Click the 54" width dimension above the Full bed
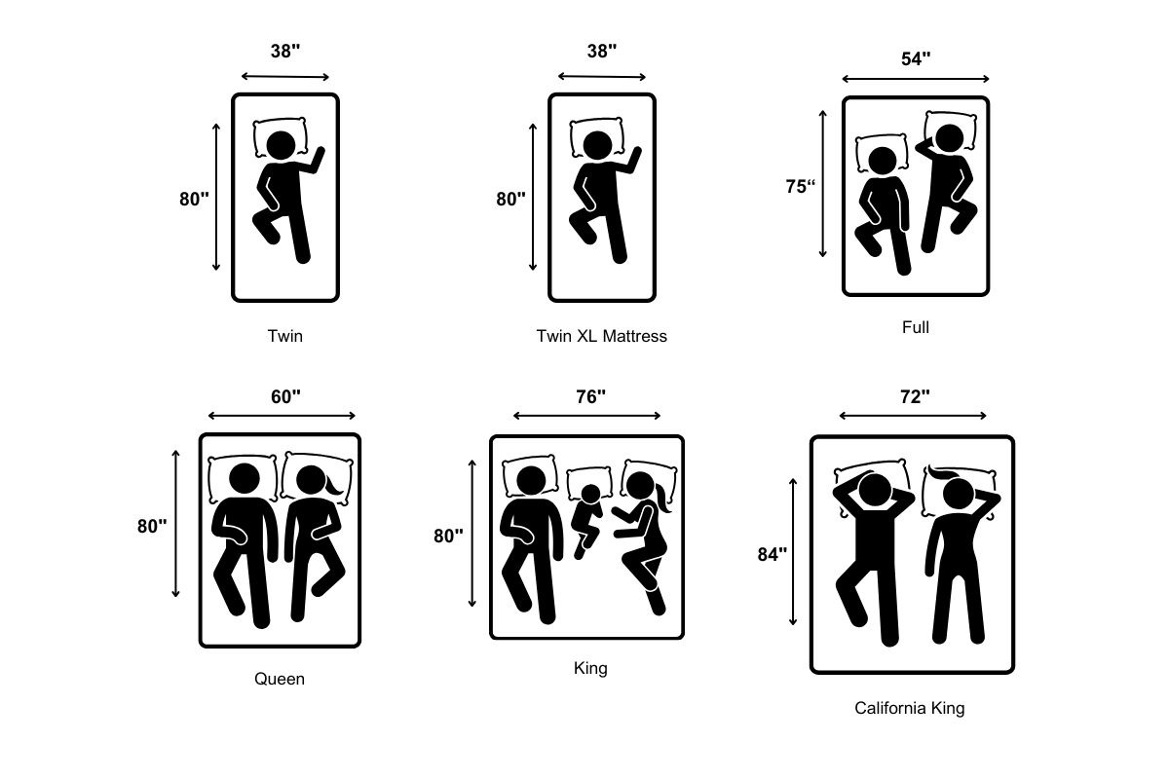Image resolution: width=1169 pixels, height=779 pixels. [x=916, y=58]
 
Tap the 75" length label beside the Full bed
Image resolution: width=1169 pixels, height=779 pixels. [x=800, y=186]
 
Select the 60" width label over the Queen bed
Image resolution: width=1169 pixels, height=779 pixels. [x=285, y=396]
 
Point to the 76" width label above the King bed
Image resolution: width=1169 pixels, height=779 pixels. [x=590, y=396]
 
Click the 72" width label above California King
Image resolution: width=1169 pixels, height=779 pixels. [x=915, y=396]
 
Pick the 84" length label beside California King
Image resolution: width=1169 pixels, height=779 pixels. [x=772, y=554]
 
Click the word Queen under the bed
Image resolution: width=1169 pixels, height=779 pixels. [x=280, y=679]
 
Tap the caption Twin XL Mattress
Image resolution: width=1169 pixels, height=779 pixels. [x=602, y=336]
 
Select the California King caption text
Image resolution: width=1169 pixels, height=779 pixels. [x=910, y=708]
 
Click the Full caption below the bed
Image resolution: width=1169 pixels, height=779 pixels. [x=916, y=327]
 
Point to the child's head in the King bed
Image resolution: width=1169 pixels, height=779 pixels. [x=590, y=494]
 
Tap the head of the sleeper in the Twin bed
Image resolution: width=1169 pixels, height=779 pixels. [x=281, y=145]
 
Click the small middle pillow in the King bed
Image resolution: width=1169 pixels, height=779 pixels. [x=589, y=482]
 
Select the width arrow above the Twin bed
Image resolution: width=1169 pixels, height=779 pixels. [x=284, y=77]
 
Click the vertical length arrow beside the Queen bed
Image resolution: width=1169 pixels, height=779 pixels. [x=176, y=524]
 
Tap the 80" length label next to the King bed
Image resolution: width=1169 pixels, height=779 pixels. [x=448, y=536]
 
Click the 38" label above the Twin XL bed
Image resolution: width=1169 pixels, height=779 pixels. [x=602, y=51]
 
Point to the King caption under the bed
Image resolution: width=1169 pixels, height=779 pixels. [x=590, y=668]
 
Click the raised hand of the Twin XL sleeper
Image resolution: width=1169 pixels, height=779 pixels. [x=635, y=157]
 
